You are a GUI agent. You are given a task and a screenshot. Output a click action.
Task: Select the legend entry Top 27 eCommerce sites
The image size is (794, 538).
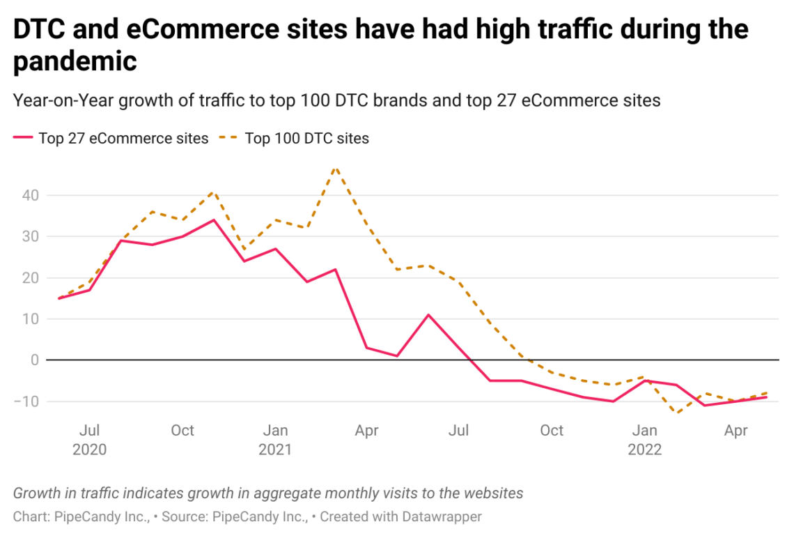(x=123, y=138)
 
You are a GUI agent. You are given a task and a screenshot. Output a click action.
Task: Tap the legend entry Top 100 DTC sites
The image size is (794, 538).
(x=306, y=138)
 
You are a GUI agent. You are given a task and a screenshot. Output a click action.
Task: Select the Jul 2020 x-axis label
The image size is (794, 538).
(x=90, y=440)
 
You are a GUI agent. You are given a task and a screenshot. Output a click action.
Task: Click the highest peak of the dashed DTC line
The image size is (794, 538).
(x=336, y=167)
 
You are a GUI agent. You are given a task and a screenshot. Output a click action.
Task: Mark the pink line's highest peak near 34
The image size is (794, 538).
(x=213, y=220)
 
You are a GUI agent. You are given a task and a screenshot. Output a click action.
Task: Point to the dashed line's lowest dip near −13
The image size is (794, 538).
(x=675, y=413)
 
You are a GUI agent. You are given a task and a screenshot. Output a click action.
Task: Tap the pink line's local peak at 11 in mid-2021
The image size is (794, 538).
(x=428, y=315)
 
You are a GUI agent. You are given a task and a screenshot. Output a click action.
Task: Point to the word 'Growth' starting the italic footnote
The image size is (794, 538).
(x=37, y=493)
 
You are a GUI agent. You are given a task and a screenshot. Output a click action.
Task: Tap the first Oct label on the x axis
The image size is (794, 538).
(x=182, y=431)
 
